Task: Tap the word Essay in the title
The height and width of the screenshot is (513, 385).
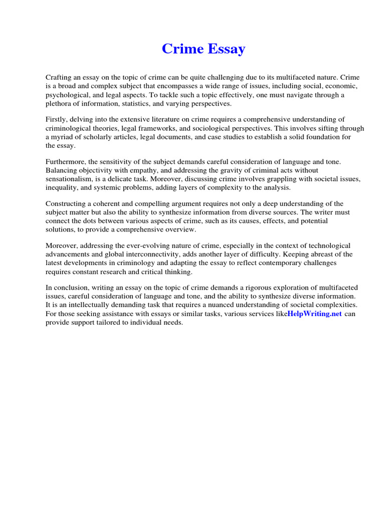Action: coord(225,49)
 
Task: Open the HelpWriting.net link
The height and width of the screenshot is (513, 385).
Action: coord(314,314)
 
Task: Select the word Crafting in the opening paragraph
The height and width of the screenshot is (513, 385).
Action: coord(58,77)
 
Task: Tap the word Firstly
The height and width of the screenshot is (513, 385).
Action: coord(56,120)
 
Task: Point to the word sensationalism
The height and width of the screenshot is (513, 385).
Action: coord(71,179)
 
